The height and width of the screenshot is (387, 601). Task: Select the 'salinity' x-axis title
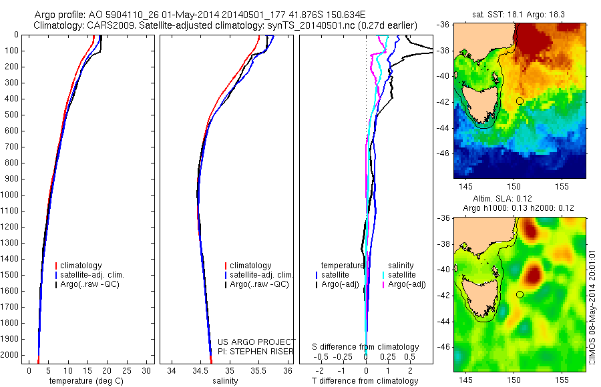[224, 381]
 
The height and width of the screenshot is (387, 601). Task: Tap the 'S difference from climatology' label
[365, 347]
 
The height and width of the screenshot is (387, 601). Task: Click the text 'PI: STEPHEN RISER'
[256, 350]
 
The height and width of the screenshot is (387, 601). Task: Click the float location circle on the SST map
[520, 101]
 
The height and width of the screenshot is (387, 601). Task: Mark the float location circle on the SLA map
[520, 294]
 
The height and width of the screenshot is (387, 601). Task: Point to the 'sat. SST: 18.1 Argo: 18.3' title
[518, 13]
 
